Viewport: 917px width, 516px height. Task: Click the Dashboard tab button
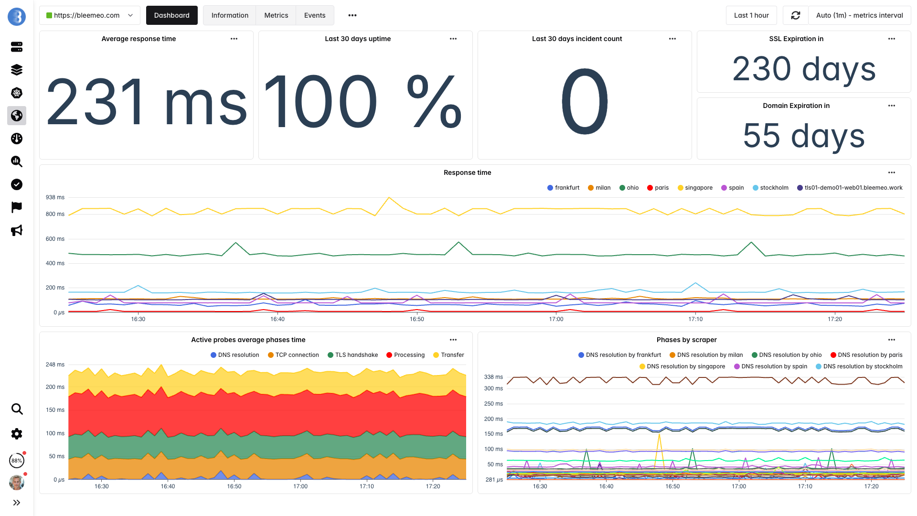pyautogui.click(x=171, y=15)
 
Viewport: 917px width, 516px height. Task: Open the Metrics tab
pyautogui.click(x=276, y=15)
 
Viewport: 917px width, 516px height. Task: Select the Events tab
pyautogui.click(x=315, y=15)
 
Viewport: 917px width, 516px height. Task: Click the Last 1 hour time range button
pyautogui.click(x=751, y=15)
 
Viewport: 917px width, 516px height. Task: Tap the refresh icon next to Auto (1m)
pyautogui.click(x=795, y=15)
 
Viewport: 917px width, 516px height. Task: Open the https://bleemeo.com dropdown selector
pyautogui.click(x=89, y=15)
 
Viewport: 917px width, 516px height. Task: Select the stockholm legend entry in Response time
pyautogui.click(x=770, y=188)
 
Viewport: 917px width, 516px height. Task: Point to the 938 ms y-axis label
pyautogui.click(x=55, y=197)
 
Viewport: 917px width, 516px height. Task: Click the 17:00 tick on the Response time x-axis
pyautogui.click(x=556, y=319)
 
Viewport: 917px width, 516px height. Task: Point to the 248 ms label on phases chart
pyautogui.click(x=55, y=365)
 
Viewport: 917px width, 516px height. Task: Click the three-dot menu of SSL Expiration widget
pyautogui.click(x=891, y=39)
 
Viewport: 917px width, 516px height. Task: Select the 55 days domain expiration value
pyautogui.click(x=804, y=136)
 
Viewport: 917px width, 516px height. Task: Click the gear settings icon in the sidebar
pyautogui.click(x=17, y=434)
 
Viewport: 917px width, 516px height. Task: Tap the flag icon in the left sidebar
pyautogui.click(x=17, y=207)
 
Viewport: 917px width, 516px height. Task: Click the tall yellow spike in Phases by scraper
pyautogui.click(x=659, y=437)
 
